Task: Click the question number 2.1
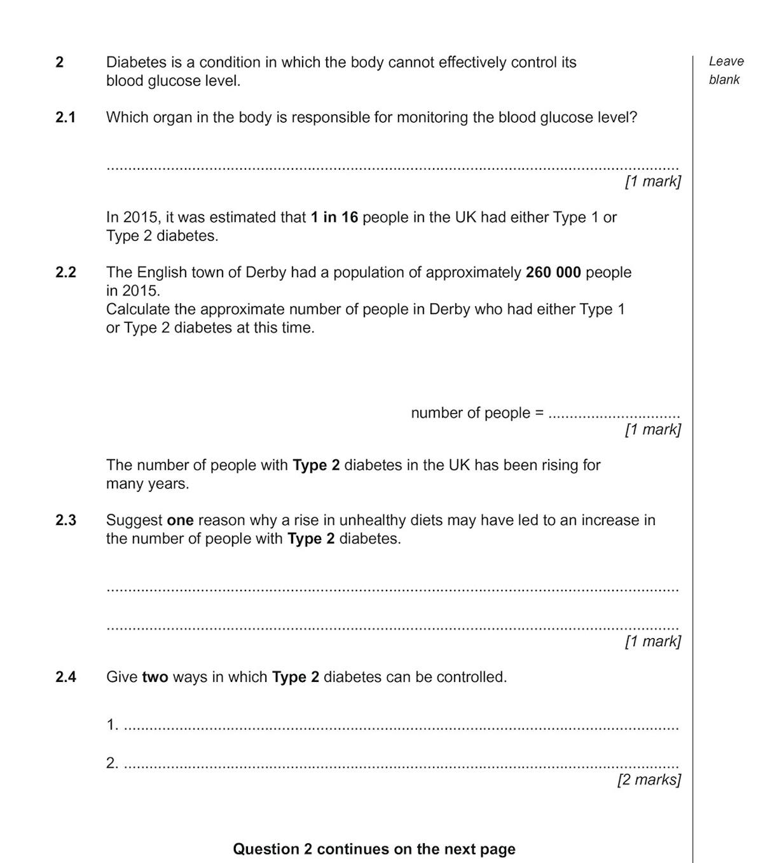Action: tap(65, 118)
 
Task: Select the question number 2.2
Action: tap(65, 273)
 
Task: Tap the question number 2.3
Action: tap(65, 520)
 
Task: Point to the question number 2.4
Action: tap(65, 677)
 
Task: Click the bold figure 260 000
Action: tap(553, 273)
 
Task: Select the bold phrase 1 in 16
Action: tap(334, 217)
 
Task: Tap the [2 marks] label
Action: tap(649, 780)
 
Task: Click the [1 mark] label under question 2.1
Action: tap(652, 182)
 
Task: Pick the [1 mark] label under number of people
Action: tap(652, 430)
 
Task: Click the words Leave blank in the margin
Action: tap(725, 71)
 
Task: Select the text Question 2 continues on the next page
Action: tap(374, 849)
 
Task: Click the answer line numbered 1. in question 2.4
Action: tap(401, 727)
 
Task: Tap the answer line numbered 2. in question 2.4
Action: tap(401, 766)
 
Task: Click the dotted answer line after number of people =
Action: tap(614, 416)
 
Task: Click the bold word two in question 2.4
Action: tap(155, 677)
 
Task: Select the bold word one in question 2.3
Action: tap(180, 520)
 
